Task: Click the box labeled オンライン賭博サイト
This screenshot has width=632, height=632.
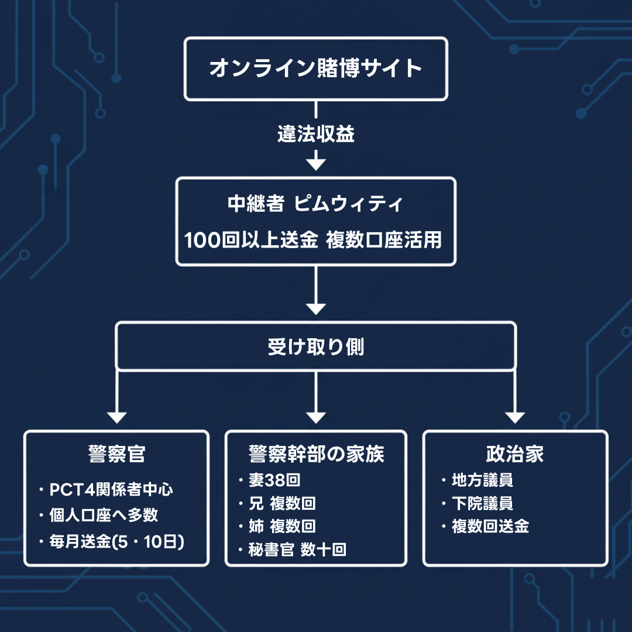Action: pyautogui.click(x=316, y=68)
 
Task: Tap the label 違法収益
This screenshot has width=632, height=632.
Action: pyautogui.click(x=316, y=135)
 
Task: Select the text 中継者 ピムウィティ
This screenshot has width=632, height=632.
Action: pyautogui.click(x=316, y=205)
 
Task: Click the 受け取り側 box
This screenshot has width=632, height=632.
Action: pyautogui.click(x=316, y=346)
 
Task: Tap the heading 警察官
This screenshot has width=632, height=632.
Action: pyautogui.click(x=116, y=454)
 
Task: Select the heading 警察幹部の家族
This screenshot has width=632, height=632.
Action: pyautogui.click(x=316, y=454)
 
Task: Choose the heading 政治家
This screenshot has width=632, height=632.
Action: pyautogui.click(x=515, y=454)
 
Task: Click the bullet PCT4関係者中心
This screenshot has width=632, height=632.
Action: pyautogui.click(x=111, y=490)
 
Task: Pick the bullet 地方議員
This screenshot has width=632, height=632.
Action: pyautogui.click(x=482, y=481)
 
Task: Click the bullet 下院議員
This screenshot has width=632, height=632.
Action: pyautogui.click(x=482, y=504)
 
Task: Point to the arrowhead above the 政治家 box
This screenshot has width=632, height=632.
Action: pyautogui.click(x=515, y=417)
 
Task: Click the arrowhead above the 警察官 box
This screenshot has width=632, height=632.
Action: pyautogui.click(x=117, y=417)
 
